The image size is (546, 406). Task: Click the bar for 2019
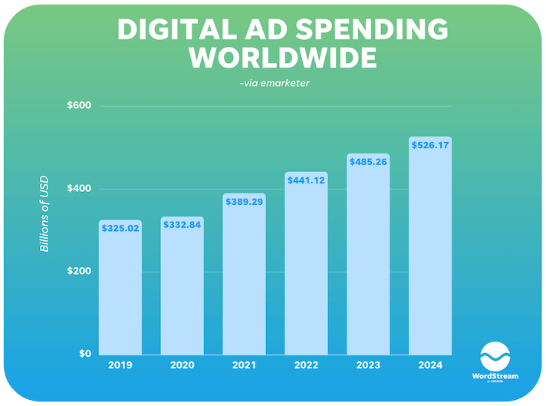click(x=120, y=288)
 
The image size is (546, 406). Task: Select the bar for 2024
click(x=430, y=246)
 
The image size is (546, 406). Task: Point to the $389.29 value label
click(x=244, y=200)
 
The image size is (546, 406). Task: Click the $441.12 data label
click(x=306, y=180)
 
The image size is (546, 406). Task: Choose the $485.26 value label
click(x=368, y=161)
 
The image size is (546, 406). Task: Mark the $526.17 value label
click(x=430, y=144)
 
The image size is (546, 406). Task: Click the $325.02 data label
click(x=120, y=228)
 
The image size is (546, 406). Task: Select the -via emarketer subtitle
click(x=274, y=83)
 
